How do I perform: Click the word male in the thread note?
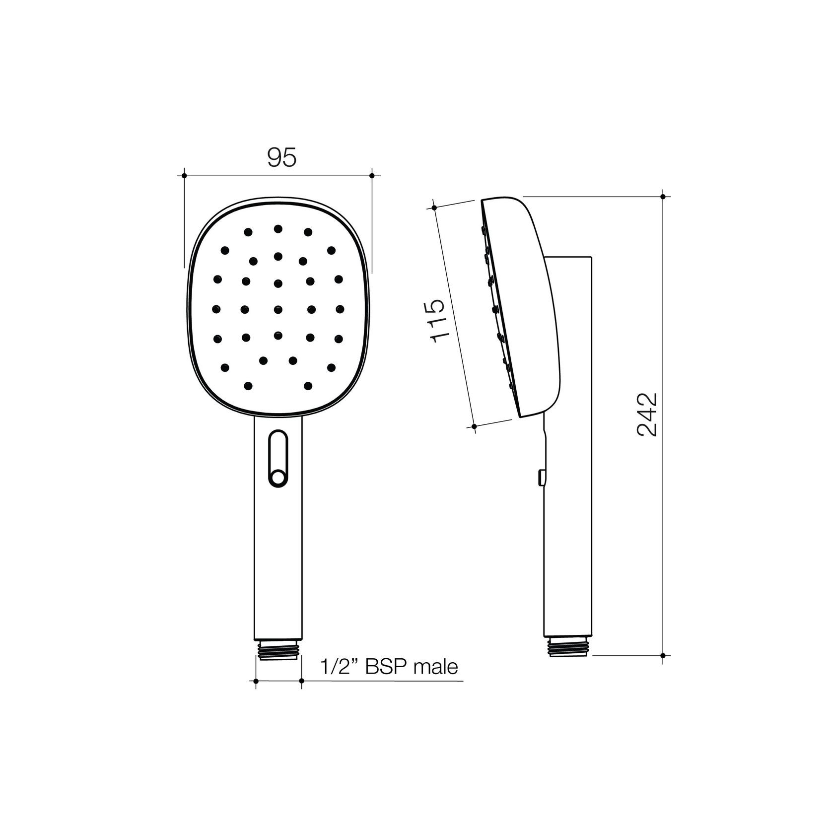click(436, 667)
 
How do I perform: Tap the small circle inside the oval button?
click(278, 478)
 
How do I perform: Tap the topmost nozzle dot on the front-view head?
click(278, 228)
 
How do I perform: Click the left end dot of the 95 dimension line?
click(184, 176)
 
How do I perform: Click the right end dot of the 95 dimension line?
click(372, 176)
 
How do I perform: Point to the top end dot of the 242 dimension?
click(663, 197)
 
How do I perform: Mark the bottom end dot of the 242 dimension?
click(663, 656)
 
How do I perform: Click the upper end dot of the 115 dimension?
click(434, 208)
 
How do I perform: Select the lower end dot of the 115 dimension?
click(475, 426)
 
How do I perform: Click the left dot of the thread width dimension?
click(256, 681)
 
